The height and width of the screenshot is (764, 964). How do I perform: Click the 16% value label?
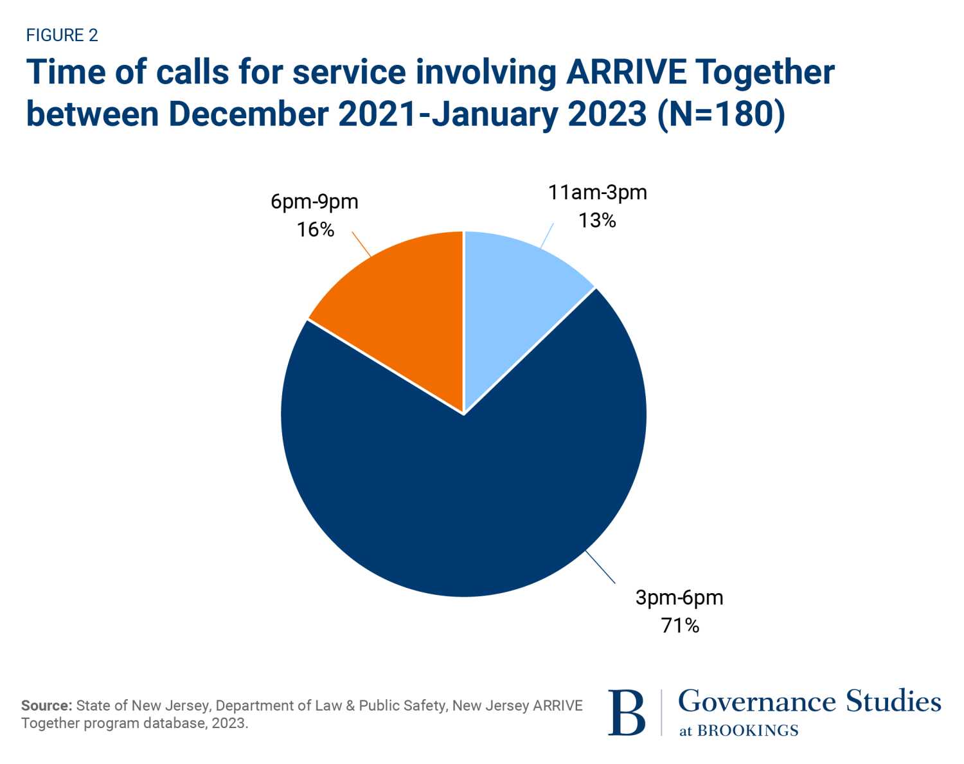[x=315, y=229]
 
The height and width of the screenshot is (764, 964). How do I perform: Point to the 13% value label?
[x=597, y=220]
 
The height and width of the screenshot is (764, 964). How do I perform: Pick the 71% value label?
[x=680, y=625]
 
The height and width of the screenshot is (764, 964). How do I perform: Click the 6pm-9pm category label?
[x=314, y=201]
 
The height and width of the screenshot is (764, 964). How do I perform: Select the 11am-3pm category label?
[x=597, y=192]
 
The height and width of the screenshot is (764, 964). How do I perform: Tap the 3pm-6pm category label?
[x=679, y=597]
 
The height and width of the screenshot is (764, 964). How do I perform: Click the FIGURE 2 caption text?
[x=62, y=35]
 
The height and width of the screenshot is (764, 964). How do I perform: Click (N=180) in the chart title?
[x=721, y=114]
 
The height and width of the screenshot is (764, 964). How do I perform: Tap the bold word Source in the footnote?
[x=46, y=706]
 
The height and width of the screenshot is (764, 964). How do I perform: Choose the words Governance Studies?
[x=809, y=701]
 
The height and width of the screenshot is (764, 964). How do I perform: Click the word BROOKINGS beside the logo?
[x=747, y=731]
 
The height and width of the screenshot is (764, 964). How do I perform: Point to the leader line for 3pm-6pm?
[x=600, y=567]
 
